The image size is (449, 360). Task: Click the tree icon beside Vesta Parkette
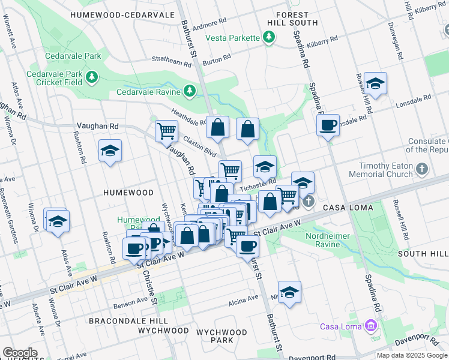click(x=270, y=38)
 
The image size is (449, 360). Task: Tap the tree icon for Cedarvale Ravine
click(x=190, y=91)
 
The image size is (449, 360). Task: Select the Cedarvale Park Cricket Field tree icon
click(x=91, y=76)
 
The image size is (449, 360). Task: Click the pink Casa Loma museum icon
click(x=371, y=326)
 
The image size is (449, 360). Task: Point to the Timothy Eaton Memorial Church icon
click(x=422, y=170)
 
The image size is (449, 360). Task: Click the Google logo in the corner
click(x=20, y=353)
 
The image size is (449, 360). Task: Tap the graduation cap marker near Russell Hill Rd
click(x=375, y=84)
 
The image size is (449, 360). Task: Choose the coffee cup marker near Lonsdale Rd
click(x=328, y=126)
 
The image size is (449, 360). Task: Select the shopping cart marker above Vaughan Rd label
click(x=166, y=130)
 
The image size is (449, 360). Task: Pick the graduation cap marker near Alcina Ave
click(x=289, y=292)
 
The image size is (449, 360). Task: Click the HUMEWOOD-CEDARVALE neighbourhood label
click(x=122, y=14)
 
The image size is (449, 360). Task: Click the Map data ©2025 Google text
click(x=411, y=355)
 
